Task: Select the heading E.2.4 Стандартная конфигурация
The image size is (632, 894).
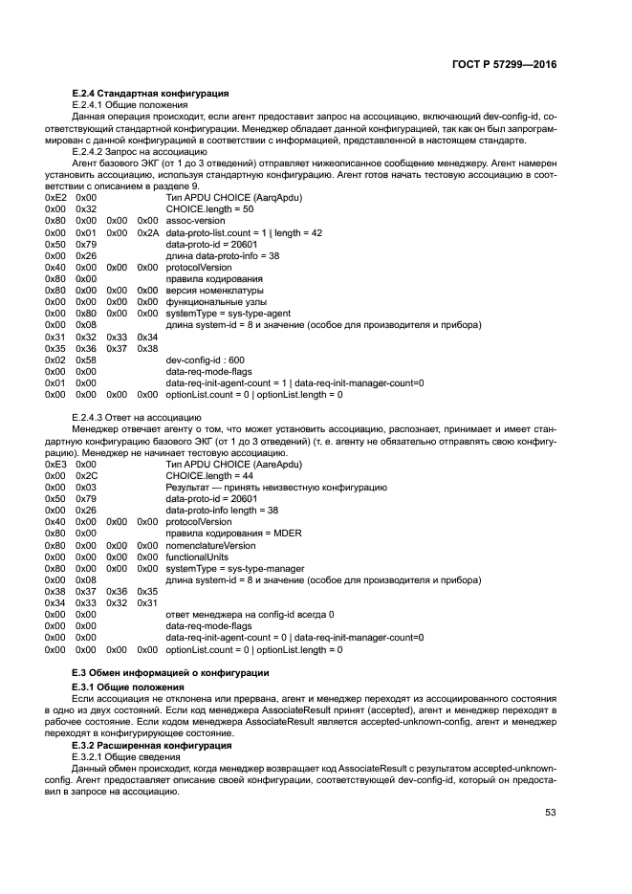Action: pos(150,93)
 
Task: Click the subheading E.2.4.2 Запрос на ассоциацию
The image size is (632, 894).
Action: pos(140,151)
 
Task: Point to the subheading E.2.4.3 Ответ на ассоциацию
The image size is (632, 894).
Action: pos(137,417)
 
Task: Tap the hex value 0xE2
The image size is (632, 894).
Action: pos(55,196)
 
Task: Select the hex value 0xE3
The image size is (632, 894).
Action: pos(55,464)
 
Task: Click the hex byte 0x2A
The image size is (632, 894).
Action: pos(146,232)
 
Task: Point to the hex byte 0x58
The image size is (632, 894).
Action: pos(86,359)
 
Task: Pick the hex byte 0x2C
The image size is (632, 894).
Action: pos(86,475)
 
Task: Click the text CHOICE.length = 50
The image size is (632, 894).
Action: pos(209,208)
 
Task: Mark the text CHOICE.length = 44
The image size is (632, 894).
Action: pos(209,475)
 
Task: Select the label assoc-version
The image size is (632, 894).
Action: pos(195,220)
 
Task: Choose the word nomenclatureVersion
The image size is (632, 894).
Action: pos(210,544)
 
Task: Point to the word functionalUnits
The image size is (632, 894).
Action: pos(199,556)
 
